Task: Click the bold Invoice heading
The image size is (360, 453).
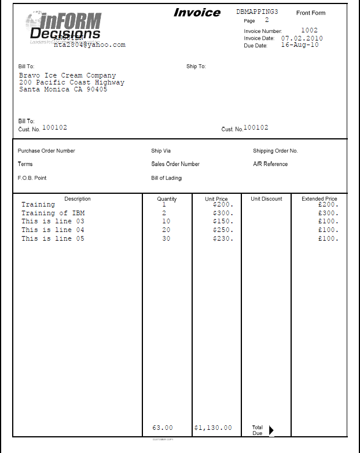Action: [197, 13]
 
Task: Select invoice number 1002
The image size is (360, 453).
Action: [309, 30]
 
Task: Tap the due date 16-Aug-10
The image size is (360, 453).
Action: [299, 45]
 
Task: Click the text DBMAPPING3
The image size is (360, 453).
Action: [257, 12]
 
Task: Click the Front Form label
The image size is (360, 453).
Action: [311, 13]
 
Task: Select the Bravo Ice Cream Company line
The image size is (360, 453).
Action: [67, 75]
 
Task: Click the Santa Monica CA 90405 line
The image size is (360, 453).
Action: [63, 89]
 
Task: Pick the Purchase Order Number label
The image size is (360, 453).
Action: [46, 151]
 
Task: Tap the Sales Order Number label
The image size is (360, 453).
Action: [175, 164]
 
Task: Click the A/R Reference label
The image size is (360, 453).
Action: [270, 164]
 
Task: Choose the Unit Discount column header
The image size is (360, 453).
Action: [266, 199]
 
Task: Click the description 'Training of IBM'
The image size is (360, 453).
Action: [53, 213]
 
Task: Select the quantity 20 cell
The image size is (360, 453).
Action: [166, 230]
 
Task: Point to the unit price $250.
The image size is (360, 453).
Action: [223, 230]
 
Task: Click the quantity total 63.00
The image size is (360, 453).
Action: [163, 428]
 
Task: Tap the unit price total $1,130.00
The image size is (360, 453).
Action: [213, 428]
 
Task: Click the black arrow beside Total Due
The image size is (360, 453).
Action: [271, 429]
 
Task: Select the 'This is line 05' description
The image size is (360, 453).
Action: [53, 238]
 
